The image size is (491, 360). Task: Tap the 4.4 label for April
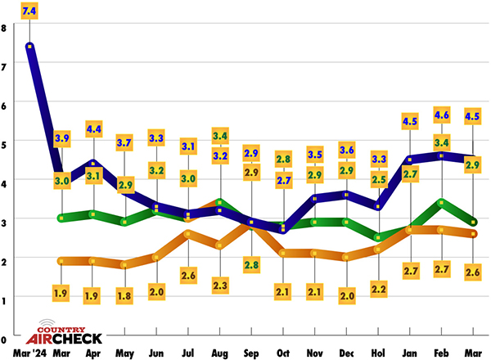(x=92, y=128)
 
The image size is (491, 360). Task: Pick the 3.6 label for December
(x=346, y=150)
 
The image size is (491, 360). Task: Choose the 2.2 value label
(x=378, y=288)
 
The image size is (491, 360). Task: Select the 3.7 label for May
(x=124, y=142)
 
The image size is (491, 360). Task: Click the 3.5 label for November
(x=315, y=153)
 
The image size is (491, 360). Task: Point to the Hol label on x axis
(x=378, y=353)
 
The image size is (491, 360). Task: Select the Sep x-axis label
(x=251, y=353)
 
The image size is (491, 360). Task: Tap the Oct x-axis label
(x=283, y=353)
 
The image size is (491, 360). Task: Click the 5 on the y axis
(x=4, y=143)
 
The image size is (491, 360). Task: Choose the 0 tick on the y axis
(x=4, y=337)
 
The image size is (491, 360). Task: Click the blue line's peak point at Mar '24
(x=30, y=47)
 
